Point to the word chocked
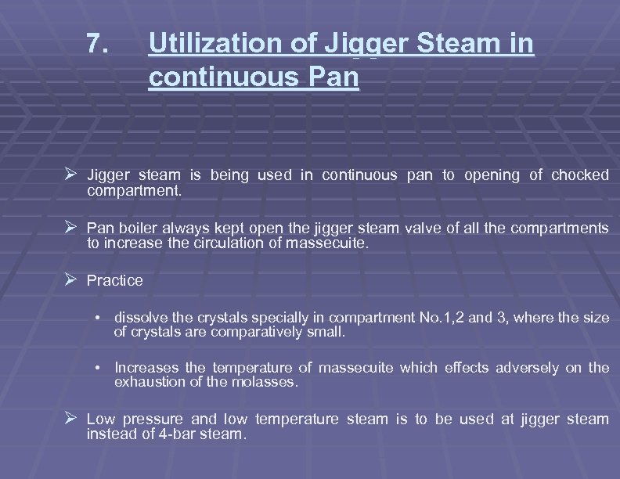point(579,175)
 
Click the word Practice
point(115,281)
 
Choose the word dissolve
point(141,318)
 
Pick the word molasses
point(265,382)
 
